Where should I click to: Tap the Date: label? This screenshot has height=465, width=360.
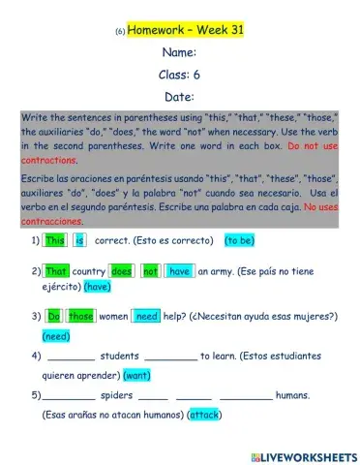click(180, 96)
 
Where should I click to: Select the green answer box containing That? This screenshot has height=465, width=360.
click(57, 272)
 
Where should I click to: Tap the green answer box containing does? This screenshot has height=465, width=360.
click(122, 272)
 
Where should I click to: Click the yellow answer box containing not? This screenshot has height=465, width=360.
click(150, 272)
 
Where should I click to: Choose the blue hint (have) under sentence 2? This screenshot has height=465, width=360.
click(98, 287)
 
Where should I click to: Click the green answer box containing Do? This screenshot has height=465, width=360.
click(55, 316)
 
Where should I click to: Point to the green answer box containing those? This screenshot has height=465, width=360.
click(81, 316)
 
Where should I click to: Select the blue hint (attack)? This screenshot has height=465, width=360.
click(205, 416)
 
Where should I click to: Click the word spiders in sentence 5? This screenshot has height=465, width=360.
click(117, 395)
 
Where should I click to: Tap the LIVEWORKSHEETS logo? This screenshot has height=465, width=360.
click(302, 455)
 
